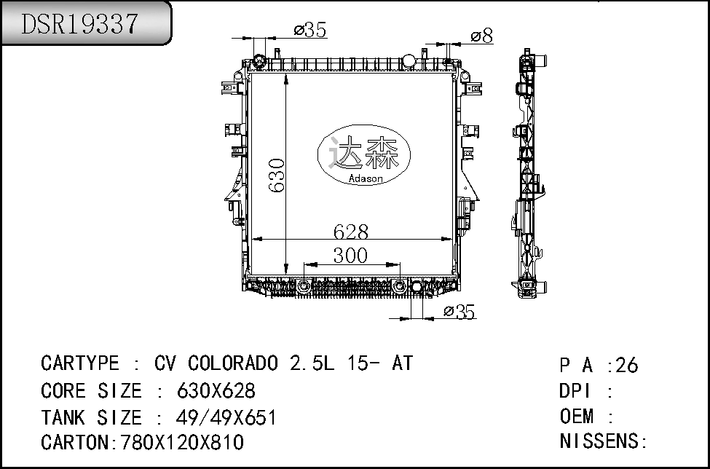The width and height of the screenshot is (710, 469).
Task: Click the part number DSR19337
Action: click(79, 23)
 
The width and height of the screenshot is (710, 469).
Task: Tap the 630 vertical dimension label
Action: click(276, 176)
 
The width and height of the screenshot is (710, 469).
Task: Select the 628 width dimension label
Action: click(351, 232)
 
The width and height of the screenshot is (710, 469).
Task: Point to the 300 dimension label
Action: click(350, 256)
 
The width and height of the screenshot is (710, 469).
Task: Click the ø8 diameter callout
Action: click(482, 36)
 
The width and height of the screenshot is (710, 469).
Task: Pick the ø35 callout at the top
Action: click(310, 30)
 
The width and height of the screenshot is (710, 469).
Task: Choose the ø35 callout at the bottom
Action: click(459, 312)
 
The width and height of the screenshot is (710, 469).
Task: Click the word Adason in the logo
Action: click(366, 178)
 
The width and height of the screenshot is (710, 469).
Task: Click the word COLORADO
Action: click(233, 363)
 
